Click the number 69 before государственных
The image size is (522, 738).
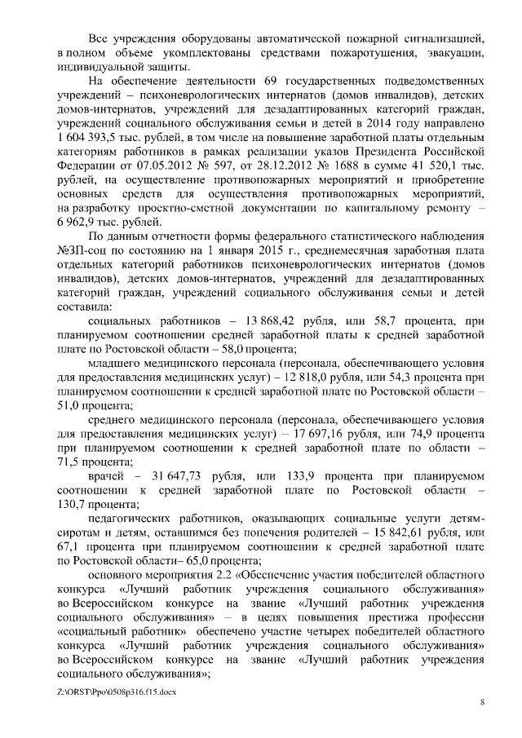tap(272, 83)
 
